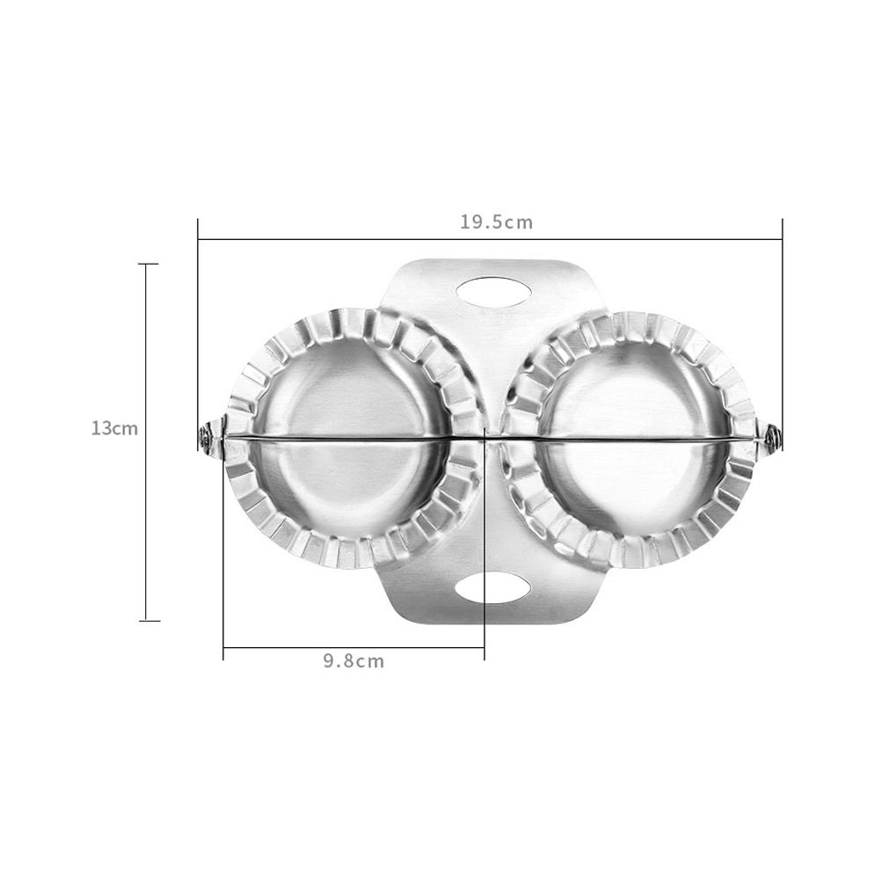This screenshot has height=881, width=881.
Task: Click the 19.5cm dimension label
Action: click(x=496, y=222)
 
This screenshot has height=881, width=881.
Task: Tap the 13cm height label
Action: click(x=114, y=428)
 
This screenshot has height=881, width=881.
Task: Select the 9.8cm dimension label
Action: click(x=353, y=661)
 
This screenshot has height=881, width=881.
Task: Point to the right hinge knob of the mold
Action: click(x=772, y=435)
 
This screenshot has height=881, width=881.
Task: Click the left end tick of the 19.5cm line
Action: click(x=198, y=238)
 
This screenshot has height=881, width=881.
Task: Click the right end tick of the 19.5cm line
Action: click(x=782, y=238)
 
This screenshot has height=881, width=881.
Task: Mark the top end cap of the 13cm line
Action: click(x=148, y=264)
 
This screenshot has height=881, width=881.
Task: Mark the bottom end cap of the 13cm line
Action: click(x=148, y=621)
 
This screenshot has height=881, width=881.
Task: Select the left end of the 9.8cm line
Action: click(x=223, y=649)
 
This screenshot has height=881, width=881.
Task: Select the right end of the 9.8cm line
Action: click(x=484, y=649)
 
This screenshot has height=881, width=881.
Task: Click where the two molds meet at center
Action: click(x=491, y=436)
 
